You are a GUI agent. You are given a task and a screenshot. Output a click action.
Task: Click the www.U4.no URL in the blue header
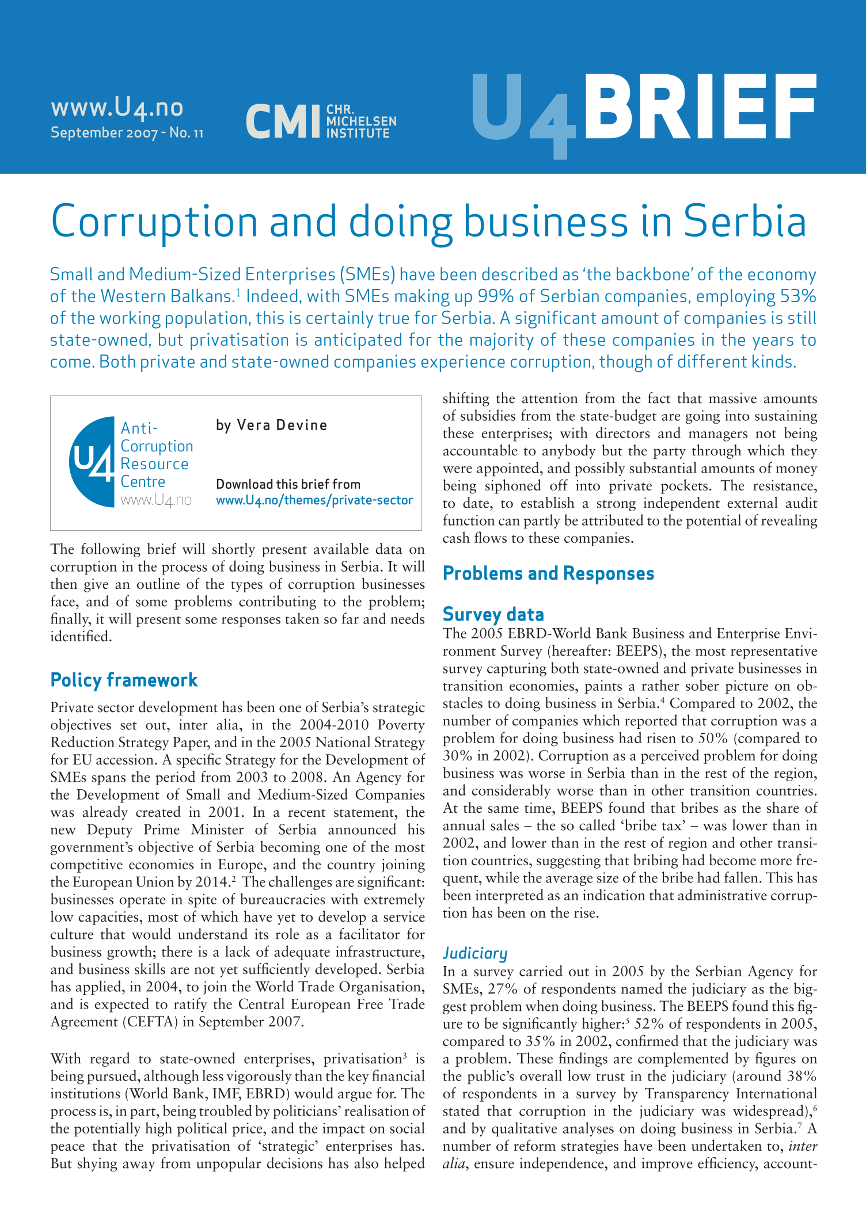pos(117,108)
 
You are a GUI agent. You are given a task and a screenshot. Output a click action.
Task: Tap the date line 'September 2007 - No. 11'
pos(127,133)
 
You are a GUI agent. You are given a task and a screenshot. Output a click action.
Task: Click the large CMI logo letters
pos(282,121)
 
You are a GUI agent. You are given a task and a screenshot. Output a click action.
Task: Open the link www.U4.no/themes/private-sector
pos(314,500)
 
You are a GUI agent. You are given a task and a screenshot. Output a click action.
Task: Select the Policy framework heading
pos(124,680)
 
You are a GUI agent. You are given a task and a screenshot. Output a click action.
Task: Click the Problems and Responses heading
pos(548,573)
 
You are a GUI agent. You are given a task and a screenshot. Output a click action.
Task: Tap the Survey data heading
pos(493,614)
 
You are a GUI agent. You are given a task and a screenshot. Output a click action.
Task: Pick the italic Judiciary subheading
pos(475,953)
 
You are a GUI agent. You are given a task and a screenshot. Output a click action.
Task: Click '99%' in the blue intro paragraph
pos(493,296)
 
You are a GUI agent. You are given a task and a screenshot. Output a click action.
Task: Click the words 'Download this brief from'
pos(288,484)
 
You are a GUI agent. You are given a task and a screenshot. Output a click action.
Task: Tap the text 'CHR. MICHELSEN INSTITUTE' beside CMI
pos(361,121)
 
